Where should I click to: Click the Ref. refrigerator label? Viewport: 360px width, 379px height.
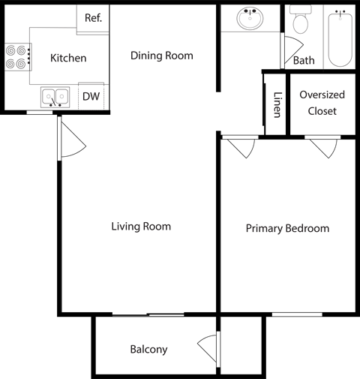click(x=93, y=18)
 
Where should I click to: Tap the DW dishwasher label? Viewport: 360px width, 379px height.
click(x=91, y=96)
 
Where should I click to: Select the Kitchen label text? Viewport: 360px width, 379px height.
click(x=68, y=58)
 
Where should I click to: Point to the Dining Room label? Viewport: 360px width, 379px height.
click(x=162, y=56)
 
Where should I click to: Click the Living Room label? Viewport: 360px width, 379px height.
click(x=141, y=227)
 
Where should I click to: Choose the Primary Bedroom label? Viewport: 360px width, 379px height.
click(x=287, y=228)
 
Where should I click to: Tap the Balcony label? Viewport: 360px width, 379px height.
click(x=148, y=349)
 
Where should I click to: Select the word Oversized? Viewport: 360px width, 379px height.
click(x=322, y=95)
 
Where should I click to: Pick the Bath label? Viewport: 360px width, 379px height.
click(x=304, y=60)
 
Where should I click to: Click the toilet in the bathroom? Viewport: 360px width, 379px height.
click(x=300, y=19)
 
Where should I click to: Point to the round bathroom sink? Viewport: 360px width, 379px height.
click(x=250, y=18)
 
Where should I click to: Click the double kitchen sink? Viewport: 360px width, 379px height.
click(x=55, y=98)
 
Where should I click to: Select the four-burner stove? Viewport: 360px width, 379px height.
click(x=18, y=57)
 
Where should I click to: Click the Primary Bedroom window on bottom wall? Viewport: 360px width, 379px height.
click(x=297, y=314)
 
